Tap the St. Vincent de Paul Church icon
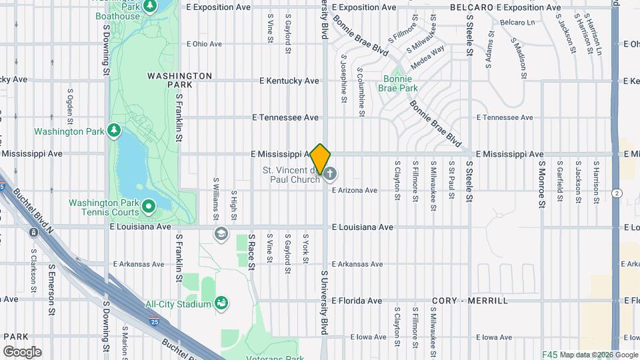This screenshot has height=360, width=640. pos(331,174)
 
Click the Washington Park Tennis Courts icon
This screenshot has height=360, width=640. pos(148,207)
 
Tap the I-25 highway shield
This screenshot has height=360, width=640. pos(155,321)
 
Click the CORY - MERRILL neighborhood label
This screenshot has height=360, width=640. pos(470,301)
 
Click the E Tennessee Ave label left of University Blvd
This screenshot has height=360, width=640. pos(285,117)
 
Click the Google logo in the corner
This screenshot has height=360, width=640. pos(22,352)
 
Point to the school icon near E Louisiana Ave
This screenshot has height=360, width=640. pos(221,233)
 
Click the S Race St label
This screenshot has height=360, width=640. pos(252,252)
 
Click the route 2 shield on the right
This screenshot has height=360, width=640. pos(618,193)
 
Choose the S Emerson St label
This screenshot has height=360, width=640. pos(51,290)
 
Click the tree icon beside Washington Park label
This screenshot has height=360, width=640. pos(114,131)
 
